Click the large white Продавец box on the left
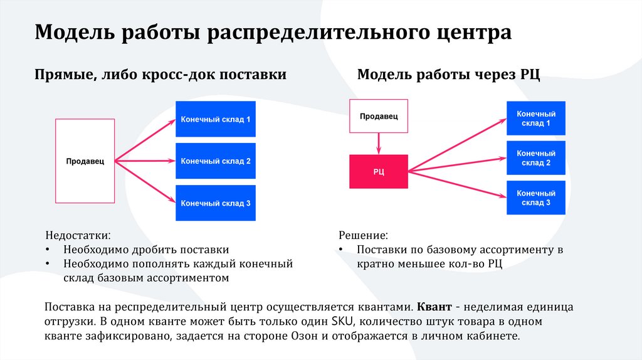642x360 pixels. (85, 161)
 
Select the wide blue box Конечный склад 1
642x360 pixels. (216, 119)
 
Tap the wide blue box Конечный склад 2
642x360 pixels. (216, 161)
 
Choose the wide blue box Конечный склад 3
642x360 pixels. (216, 203)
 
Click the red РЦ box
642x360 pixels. (378, 171)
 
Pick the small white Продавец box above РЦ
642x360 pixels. (378, 116)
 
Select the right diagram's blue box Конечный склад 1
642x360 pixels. (536, 119)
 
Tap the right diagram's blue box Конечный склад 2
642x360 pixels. (536, 158)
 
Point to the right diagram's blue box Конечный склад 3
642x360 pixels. (536, 198)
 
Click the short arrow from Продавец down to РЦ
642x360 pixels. (378, 144)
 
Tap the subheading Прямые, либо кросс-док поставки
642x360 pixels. (160, 75)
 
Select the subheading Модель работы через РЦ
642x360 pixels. (448, 75)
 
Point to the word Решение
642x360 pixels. (363, 236)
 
